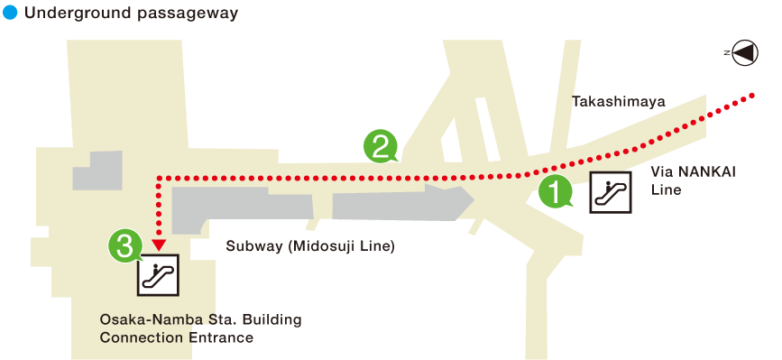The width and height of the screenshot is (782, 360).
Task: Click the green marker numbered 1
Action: [x=554, y=190]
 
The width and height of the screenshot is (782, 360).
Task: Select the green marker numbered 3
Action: [x=125, y=243]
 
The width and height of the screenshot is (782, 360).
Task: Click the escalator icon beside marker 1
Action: [x=612, y=192]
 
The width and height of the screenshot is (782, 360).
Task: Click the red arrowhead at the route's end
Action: [x=159, y=243]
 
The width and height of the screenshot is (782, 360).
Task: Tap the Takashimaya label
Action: [x=619, y=102]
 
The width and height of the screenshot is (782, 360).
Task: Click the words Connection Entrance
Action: [x=176, y=338]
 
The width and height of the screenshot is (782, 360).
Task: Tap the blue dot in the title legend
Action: [x=11, y=13]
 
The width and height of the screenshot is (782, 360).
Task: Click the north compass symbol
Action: [x=744, y=53]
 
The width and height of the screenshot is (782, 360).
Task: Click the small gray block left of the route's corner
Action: [x=97, y=171]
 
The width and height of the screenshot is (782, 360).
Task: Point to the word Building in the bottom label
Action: [x=271, y=320]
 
